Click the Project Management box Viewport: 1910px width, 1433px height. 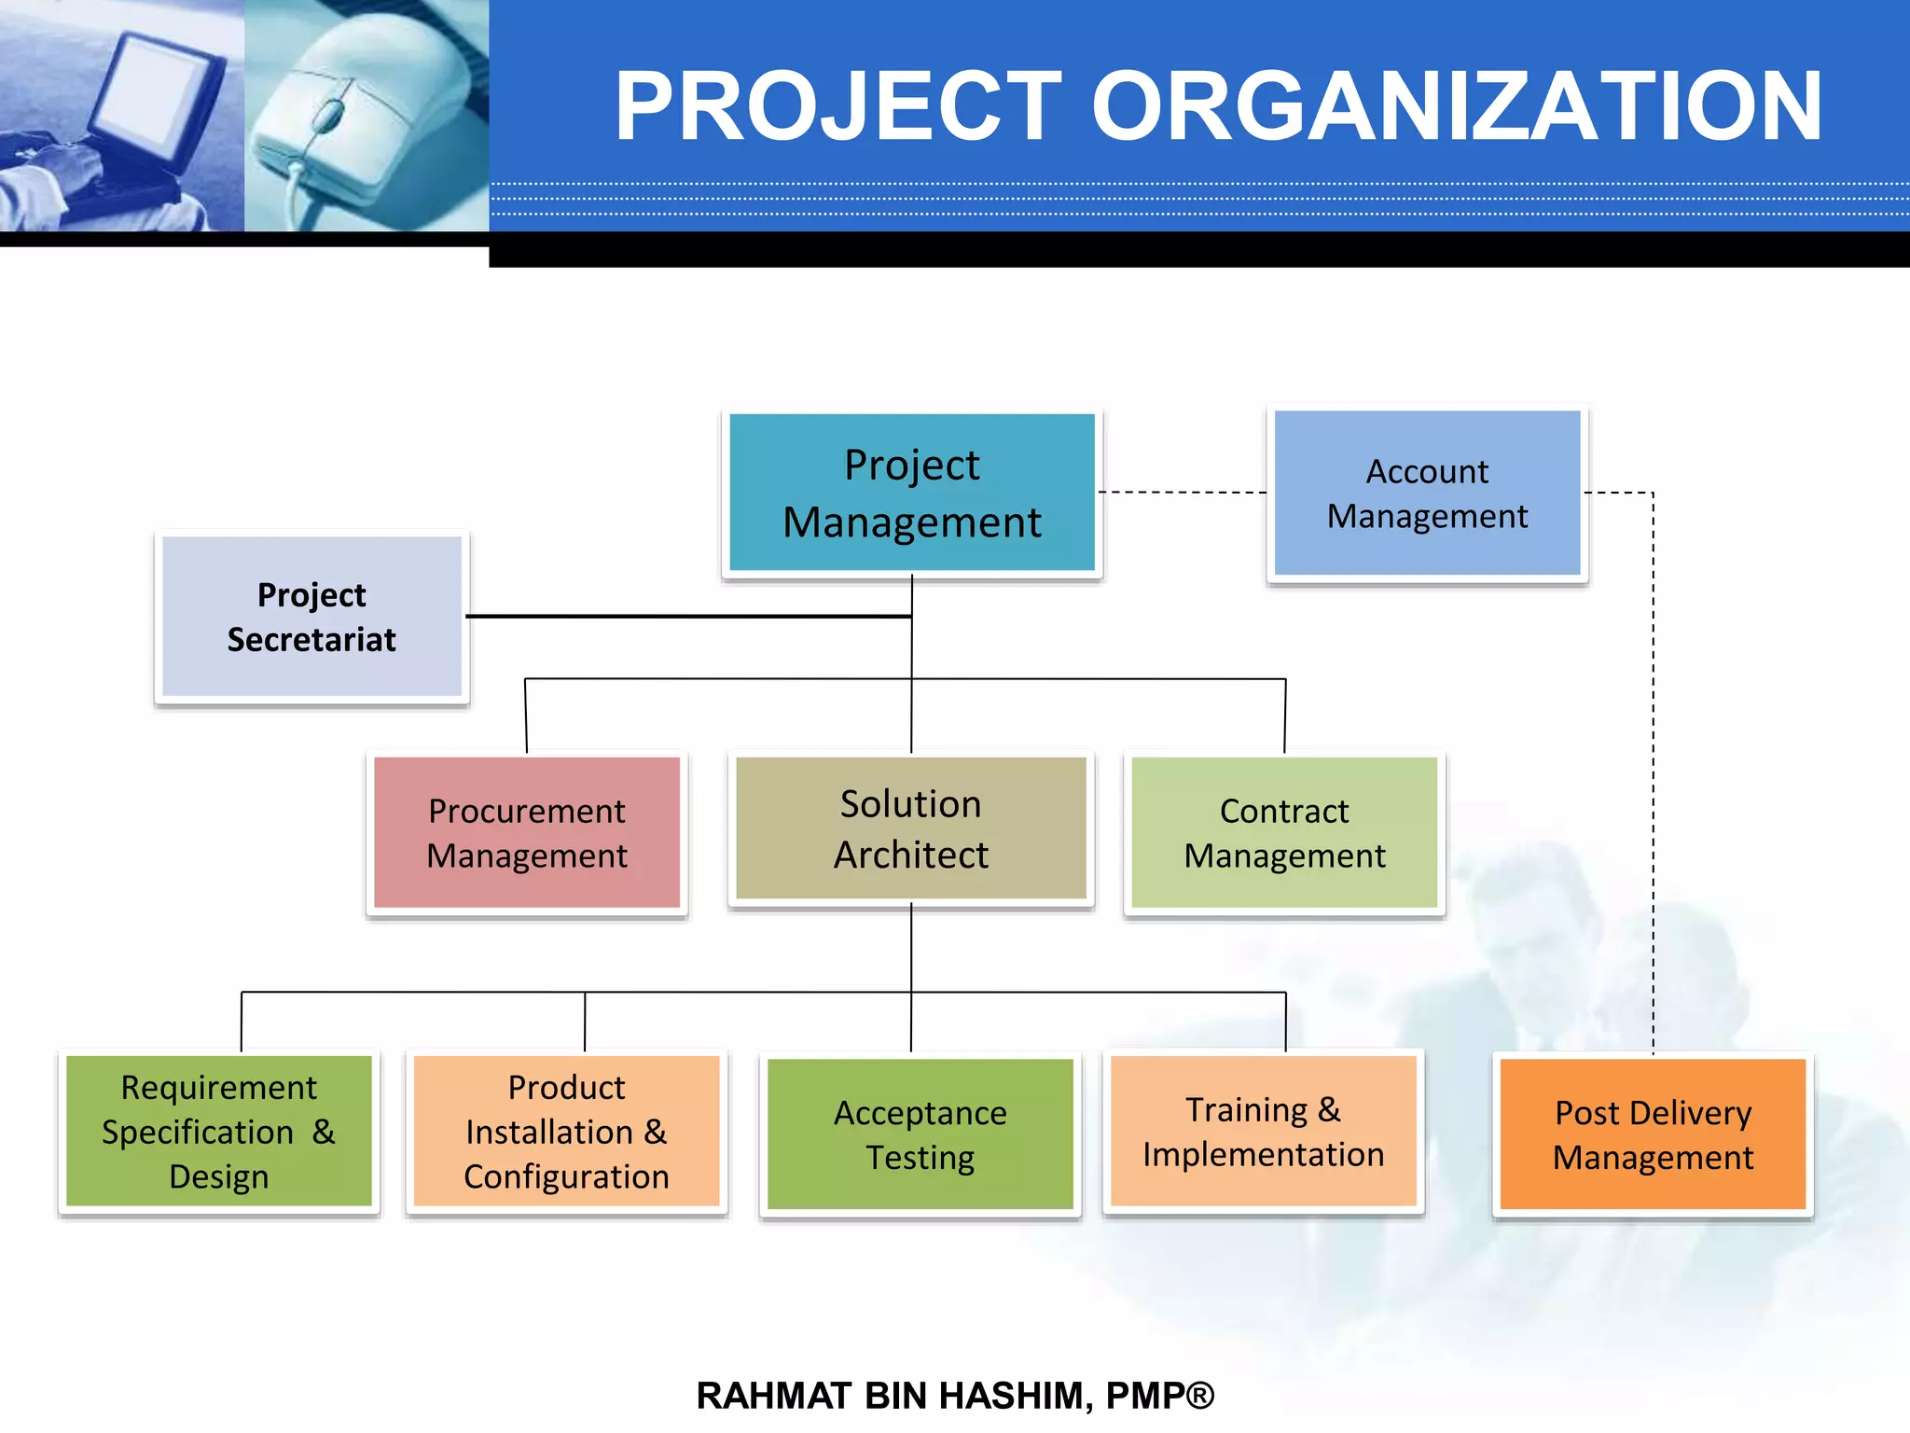pyautogui.click(x=911, y=493)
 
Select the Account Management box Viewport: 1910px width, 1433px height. pyautogui.click(x=1427, y=493)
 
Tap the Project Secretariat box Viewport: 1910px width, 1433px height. pyautogui.click(x=311, y=617)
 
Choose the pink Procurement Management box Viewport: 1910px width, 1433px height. pyautogui.click(x=527, y=832)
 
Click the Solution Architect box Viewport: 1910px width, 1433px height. pyautogui.click(x=910, y=828)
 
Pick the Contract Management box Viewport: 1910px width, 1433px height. pyautogui.click(x=1284, y=832)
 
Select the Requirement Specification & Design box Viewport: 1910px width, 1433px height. pyautogui.click(x=218, y=1131)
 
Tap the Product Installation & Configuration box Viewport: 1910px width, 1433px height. pyautogui.click(x=566, y=1131)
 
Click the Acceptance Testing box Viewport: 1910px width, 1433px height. pyautogui.click(x=920, y=1134)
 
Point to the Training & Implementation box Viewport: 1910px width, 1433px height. pyautogui.click(x=1263, y=1131)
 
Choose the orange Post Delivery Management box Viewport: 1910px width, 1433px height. pyautogui.click(x=1653, y=1134)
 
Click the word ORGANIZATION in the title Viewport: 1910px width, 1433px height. pyautogui.click(x=1455, y=106)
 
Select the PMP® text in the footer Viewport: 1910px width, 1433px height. pyautogui.click(x=1159, y=1396)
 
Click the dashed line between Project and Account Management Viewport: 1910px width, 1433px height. pyautogui.click(x=1183, y=492)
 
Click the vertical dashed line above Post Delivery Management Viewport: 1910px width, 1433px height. pyautogui.click(x=1653, y=774)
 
